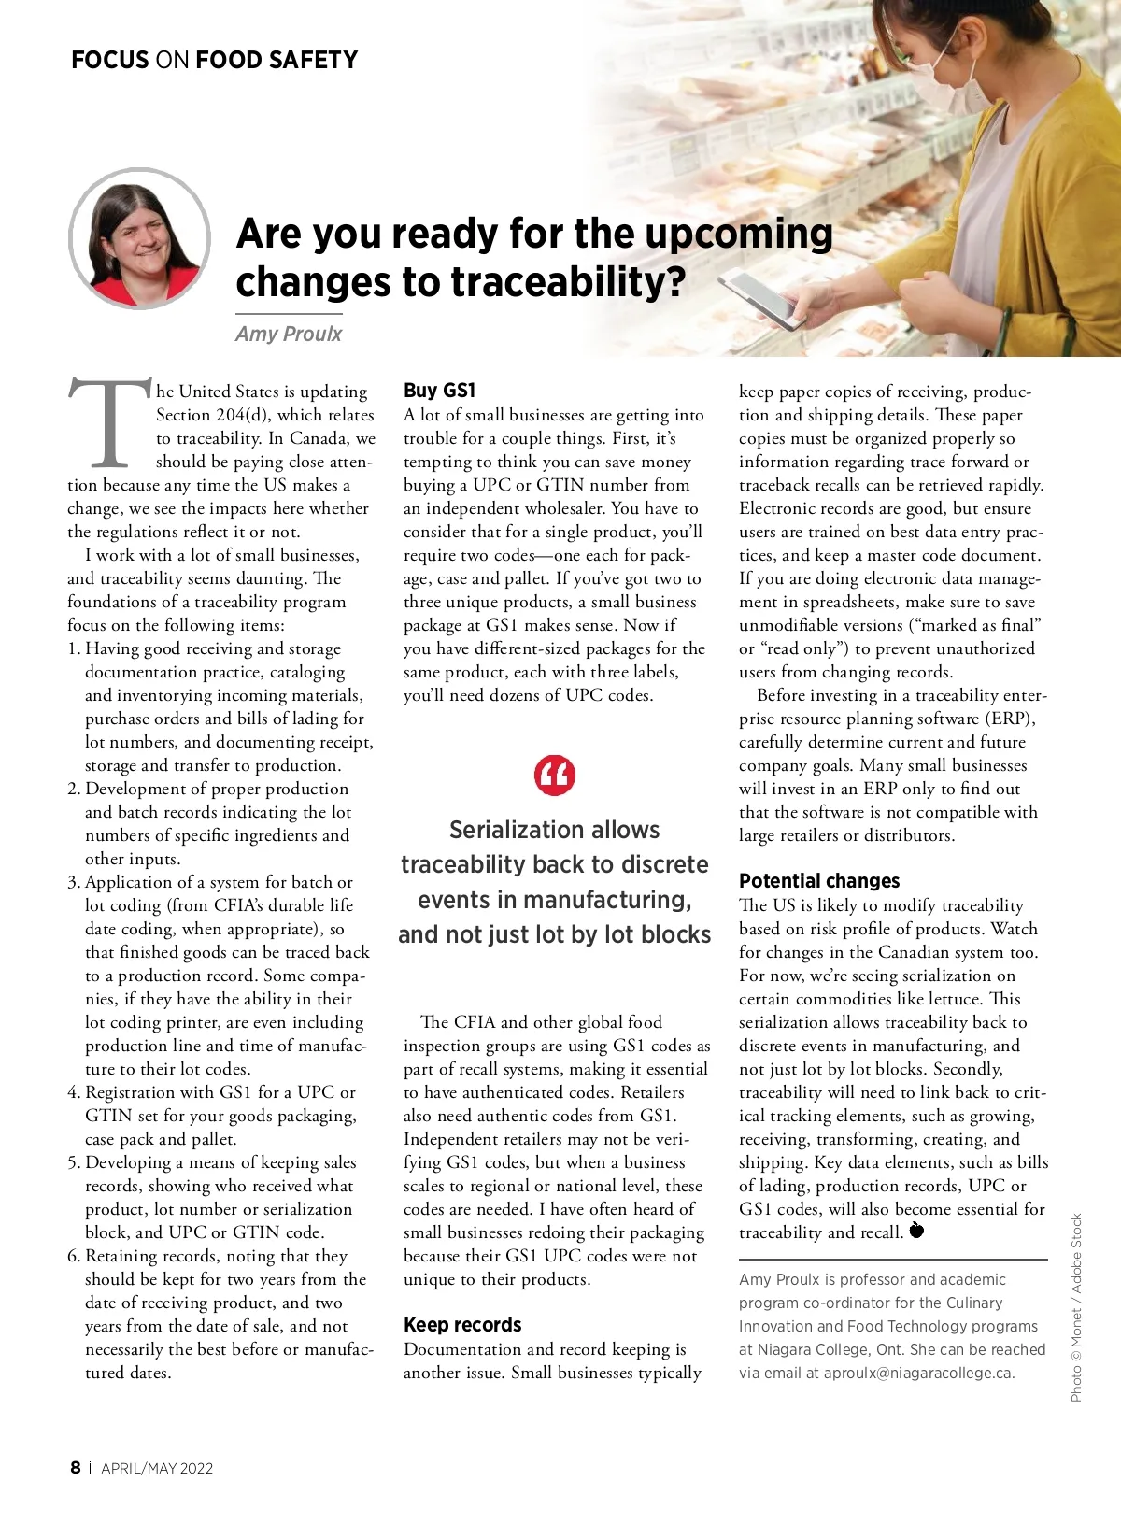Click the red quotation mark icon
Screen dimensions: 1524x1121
(x=554, y=775)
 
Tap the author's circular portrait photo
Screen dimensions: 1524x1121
(x=139, y=238)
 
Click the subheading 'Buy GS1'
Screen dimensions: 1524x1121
(x=439, y=391)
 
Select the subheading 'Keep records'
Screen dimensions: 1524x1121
(x=462, y=1324)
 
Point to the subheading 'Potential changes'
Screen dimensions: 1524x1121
(x=819, y=880)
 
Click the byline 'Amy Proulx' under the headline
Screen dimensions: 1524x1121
(x=289, y=334)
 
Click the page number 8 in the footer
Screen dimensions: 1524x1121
(x=76, y=1467)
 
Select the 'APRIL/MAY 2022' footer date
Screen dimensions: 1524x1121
(x=157, y=1468)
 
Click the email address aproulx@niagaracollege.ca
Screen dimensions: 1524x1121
(x=918, y=1373)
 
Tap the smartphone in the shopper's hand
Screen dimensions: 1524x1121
(x=761, y=298)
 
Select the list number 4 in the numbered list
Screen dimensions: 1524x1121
(x=74, y=1092)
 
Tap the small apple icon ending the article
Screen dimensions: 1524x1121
(x=916, y=1231)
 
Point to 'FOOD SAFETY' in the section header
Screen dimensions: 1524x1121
(x=277, y=61)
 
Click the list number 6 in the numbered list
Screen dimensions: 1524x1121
(x=74, y=1256)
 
